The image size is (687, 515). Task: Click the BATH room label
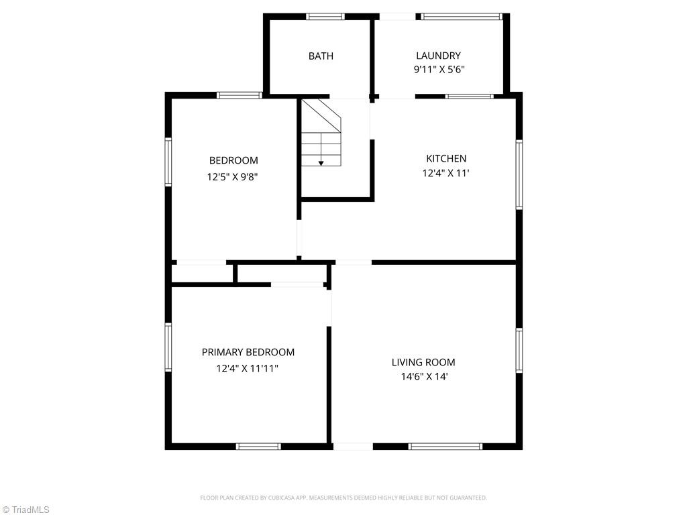(321, 56)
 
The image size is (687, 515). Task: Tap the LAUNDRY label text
(438, 56)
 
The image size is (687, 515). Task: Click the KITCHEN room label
(446, 159)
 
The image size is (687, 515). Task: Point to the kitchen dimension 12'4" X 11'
(445, 173)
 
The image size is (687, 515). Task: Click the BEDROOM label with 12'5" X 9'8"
(233, 161)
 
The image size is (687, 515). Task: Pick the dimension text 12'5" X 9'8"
(233, 178)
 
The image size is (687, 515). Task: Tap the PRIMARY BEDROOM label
(248, 353)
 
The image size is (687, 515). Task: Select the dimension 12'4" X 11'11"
(247, 368)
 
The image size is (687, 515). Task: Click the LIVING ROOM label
(423, 363)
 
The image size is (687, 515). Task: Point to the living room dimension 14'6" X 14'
(423, 377)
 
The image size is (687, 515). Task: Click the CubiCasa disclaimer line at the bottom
(343, 498)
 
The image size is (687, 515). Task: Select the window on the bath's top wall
(325, 17)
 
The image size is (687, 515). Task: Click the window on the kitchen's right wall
(519, 174)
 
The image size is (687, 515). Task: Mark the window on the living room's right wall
(519, 350)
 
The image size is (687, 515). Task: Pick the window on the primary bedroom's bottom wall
(258, 446)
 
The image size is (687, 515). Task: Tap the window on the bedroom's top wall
(240, 95)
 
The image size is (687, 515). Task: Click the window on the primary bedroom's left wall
(168, 347)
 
